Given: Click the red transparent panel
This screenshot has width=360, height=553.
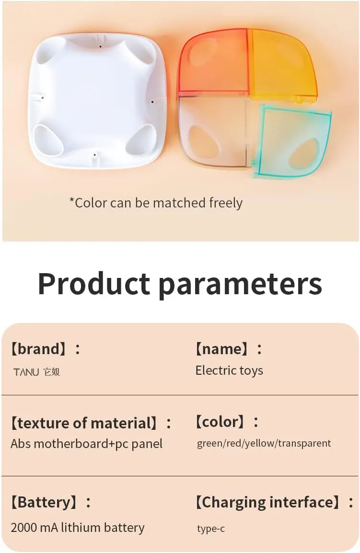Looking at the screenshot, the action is pyautogui.click(x=213, y=62).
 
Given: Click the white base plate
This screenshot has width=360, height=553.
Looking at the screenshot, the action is pyautogui.click(x=96, y=101).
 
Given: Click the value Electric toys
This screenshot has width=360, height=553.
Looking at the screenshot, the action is pyautogui.click(x=229, y=371).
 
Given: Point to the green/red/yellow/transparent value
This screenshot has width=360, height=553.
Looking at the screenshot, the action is pyautogui.click(x=264, y=443).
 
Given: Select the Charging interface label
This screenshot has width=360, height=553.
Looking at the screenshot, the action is pyautogui.click(x=274, y=502).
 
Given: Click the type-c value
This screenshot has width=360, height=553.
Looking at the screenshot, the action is pyautogui.click(x=211, y=528).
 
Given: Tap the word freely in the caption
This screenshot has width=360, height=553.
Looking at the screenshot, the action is pyautogui.click(x=226, y=203).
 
